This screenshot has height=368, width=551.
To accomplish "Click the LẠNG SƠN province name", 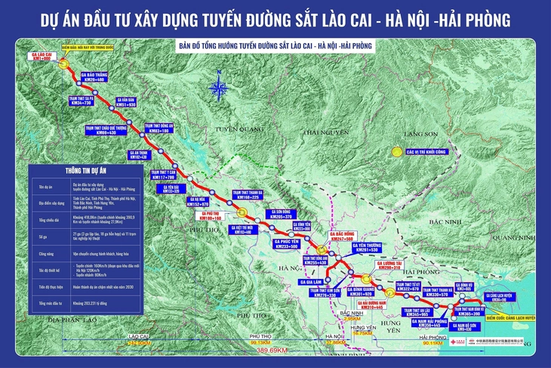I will click(x=421, y=134).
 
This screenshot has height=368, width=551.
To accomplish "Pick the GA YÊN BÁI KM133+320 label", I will click(x=170, y=189).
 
